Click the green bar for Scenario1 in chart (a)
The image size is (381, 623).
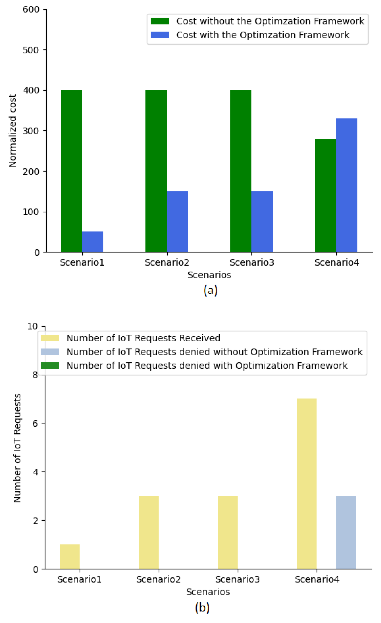coord(72,171)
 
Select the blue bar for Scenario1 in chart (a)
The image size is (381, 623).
coord(93,242)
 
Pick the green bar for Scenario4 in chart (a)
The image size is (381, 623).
coord(326,195)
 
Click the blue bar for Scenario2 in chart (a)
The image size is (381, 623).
coord(178,222)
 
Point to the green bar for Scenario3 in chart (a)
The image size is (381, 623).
coord(241,171)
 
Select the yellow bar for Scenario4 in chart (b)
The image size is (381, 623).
coord(307,483)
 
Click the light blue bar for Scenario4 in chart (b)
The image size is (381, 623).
coord(346,532)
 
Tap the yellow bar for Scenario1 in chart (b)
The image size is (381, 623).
coord(70,557)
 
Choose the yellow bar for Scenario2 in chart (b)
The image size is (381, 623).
coord(149,532)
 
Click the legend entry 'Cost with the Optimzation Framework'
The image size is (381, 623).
coord(262,35)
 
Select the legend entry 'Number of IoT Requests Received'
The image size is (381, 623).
coord(143,338)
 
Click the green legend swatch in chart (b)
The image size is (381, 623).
coord(50,365)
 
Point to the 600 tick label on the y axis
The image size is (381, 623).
coord(31,9)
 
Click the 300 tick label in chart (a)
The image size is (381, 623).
coord(31,131)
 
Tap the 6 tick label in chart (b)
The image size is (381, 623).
coord(35,423)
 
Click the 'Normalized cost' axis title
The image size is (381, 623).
coord(13,131)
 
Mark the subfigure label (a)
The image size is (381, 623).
coord(211,290)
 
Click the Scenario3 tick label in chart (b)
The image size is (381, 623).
coord(238,579)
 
